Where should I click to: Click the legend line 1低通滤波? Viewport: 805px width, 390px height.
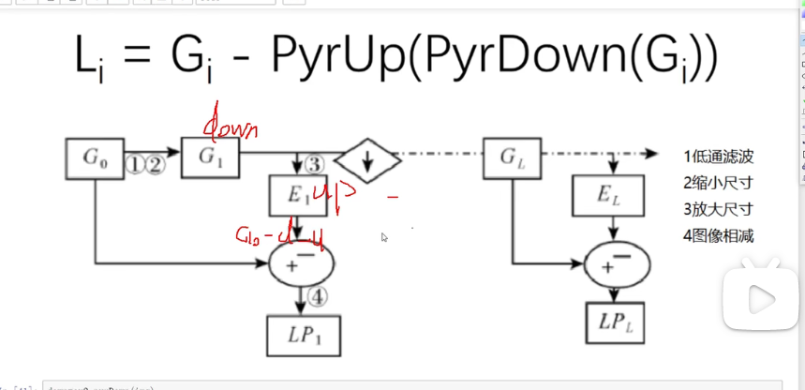[719, 157]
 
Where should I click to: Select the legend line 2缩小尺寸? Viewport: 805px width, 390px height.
[719, 183]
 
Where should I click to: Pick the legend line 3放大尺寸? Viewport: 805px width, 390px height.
[719, 209]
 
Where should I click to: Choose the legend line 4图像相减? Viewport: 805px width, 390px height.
[719, 235]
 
